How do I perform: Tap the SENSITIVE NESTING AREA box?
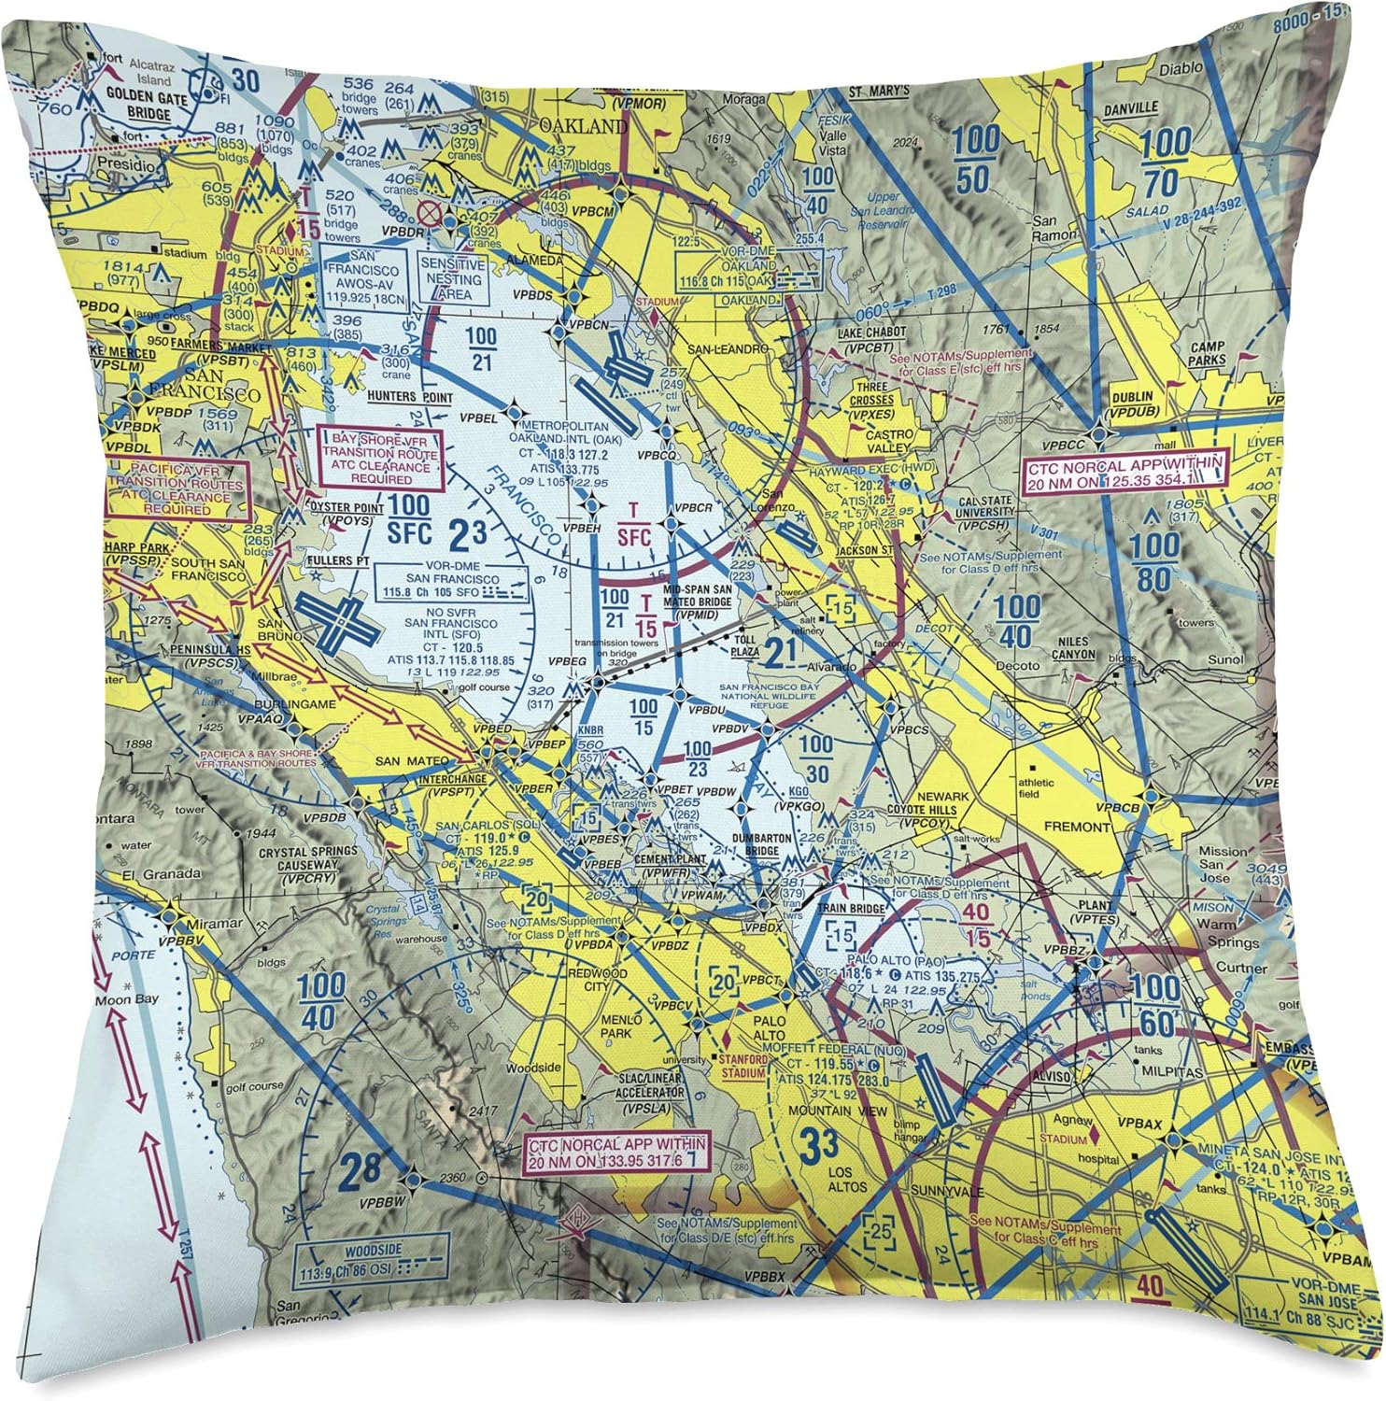coord(452,278)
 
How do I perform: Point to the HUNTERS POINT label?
coord(409,398)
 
